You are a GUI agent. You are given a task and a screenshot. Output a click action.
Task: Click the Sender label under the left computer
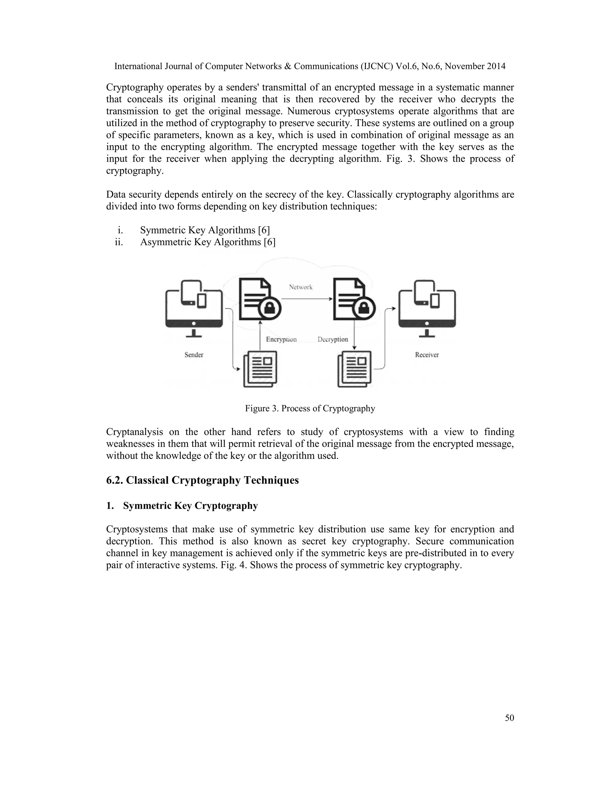click(193, 355)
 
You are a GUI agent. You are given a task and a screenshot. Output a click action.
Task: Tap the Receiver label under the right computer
click(427, 355)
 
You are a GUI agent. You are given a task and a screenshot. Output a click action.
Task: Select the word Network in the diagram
click(300, 287)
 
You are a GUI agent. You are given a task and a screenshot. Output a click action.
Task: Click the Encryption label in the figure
click(281, 339)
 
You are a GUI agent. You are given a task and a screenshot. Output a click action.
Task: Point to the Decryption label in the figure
click(333, 339)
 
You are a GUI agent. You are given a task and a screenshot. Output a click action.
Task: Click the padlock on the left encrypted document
click(270, 309)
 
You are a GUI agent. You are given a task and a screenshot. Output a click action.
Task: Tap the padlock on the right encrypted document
click(364, 309)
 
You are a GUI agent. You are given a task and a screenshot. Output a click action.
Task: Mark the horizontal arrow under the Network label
click(307, 299)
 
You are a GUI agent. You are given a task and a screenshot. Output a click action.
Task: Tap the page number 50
click(509, 718)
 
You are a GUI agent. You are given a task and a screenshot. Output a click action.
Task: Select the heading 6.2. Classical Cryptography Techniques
click(202, 480)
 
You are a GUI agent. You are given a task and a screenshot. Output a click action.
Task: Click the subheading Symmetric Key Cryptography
click(190, 506)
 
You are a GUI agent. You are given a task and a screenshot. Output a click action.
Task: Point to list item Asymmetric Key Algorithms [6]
click(208, 242)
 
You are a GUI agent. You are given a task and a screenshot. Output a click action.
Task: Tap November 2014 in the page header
click(475, 66)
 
